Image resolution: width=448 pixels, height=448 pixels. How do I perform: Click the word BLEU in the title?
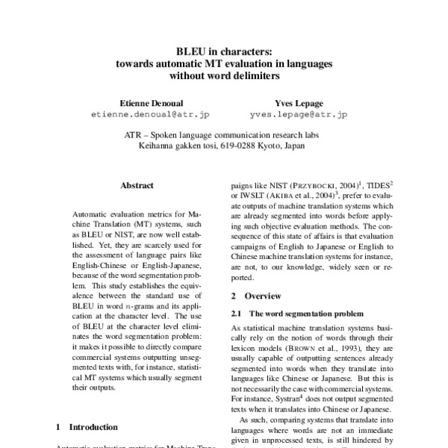[190, 52]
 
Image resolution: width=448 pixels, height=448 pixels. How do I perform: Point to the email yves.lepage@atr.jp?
[299, 115]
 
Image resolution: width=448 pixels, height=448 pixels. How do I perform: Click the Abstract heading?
[137, 185]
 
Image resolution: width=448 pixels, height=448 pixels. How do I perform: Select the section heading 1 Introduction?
[88, 427]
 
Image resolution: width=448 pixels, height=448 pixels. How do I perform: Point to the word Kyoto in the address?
[269, 147]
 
